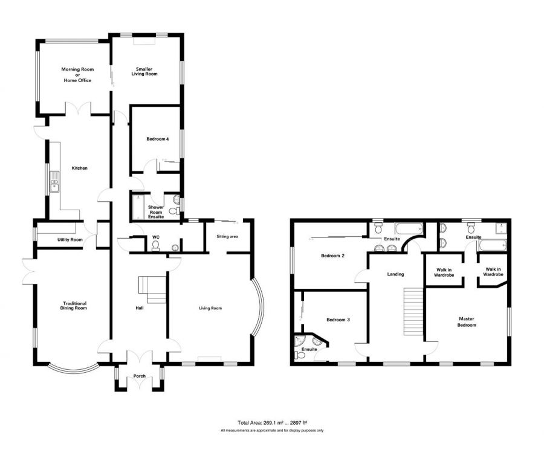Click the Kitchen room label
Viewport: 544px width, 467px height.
click(x=79, y=168)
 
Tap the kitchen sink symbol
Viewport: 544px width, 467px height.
click(x=54, y=181)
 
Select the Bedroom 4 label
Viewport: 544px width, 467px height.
click(x=158, y=139)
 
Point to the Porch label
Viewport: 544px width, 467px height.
click(x=140, y=376)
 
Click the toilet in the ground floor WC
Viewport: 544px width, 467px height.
click(x=156, y=245)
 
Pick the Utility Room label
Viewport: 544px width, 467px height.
click(x=70, y=240)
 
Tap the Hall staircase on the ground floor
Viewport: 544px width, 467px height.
click(x=152, y=289)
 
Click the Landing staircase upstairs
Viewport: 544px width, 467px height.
click(x=413, y=311)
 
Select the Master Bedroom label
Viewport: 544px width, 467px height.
click(x=467, y=322)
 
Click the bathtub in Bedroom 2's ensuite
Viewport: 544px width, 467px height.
click(x=409, y=229)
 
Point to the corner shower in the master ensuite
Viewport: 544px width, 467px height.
click(x=501, y=228)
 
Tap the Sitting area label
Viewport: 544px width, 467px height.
click(x=227, y=236)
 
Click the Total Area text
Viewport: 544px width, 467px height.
click(x=273, y=423)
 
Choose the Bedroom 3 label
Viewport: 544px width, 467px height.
click(x=338, y=320)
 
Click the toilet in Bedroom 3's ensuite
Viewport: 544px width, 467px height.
click(x=299, y=355)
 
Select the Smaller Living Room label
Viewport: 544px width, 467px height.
click(x=144, y=71)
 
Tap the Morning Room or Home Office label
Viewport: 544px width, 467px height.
click(x=77, y=74)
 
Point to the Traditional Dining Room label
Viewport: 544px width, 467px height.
click(x=74, y=306)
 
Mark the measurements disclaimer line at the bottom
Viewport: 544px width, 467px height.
click(x=273, y=431)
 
